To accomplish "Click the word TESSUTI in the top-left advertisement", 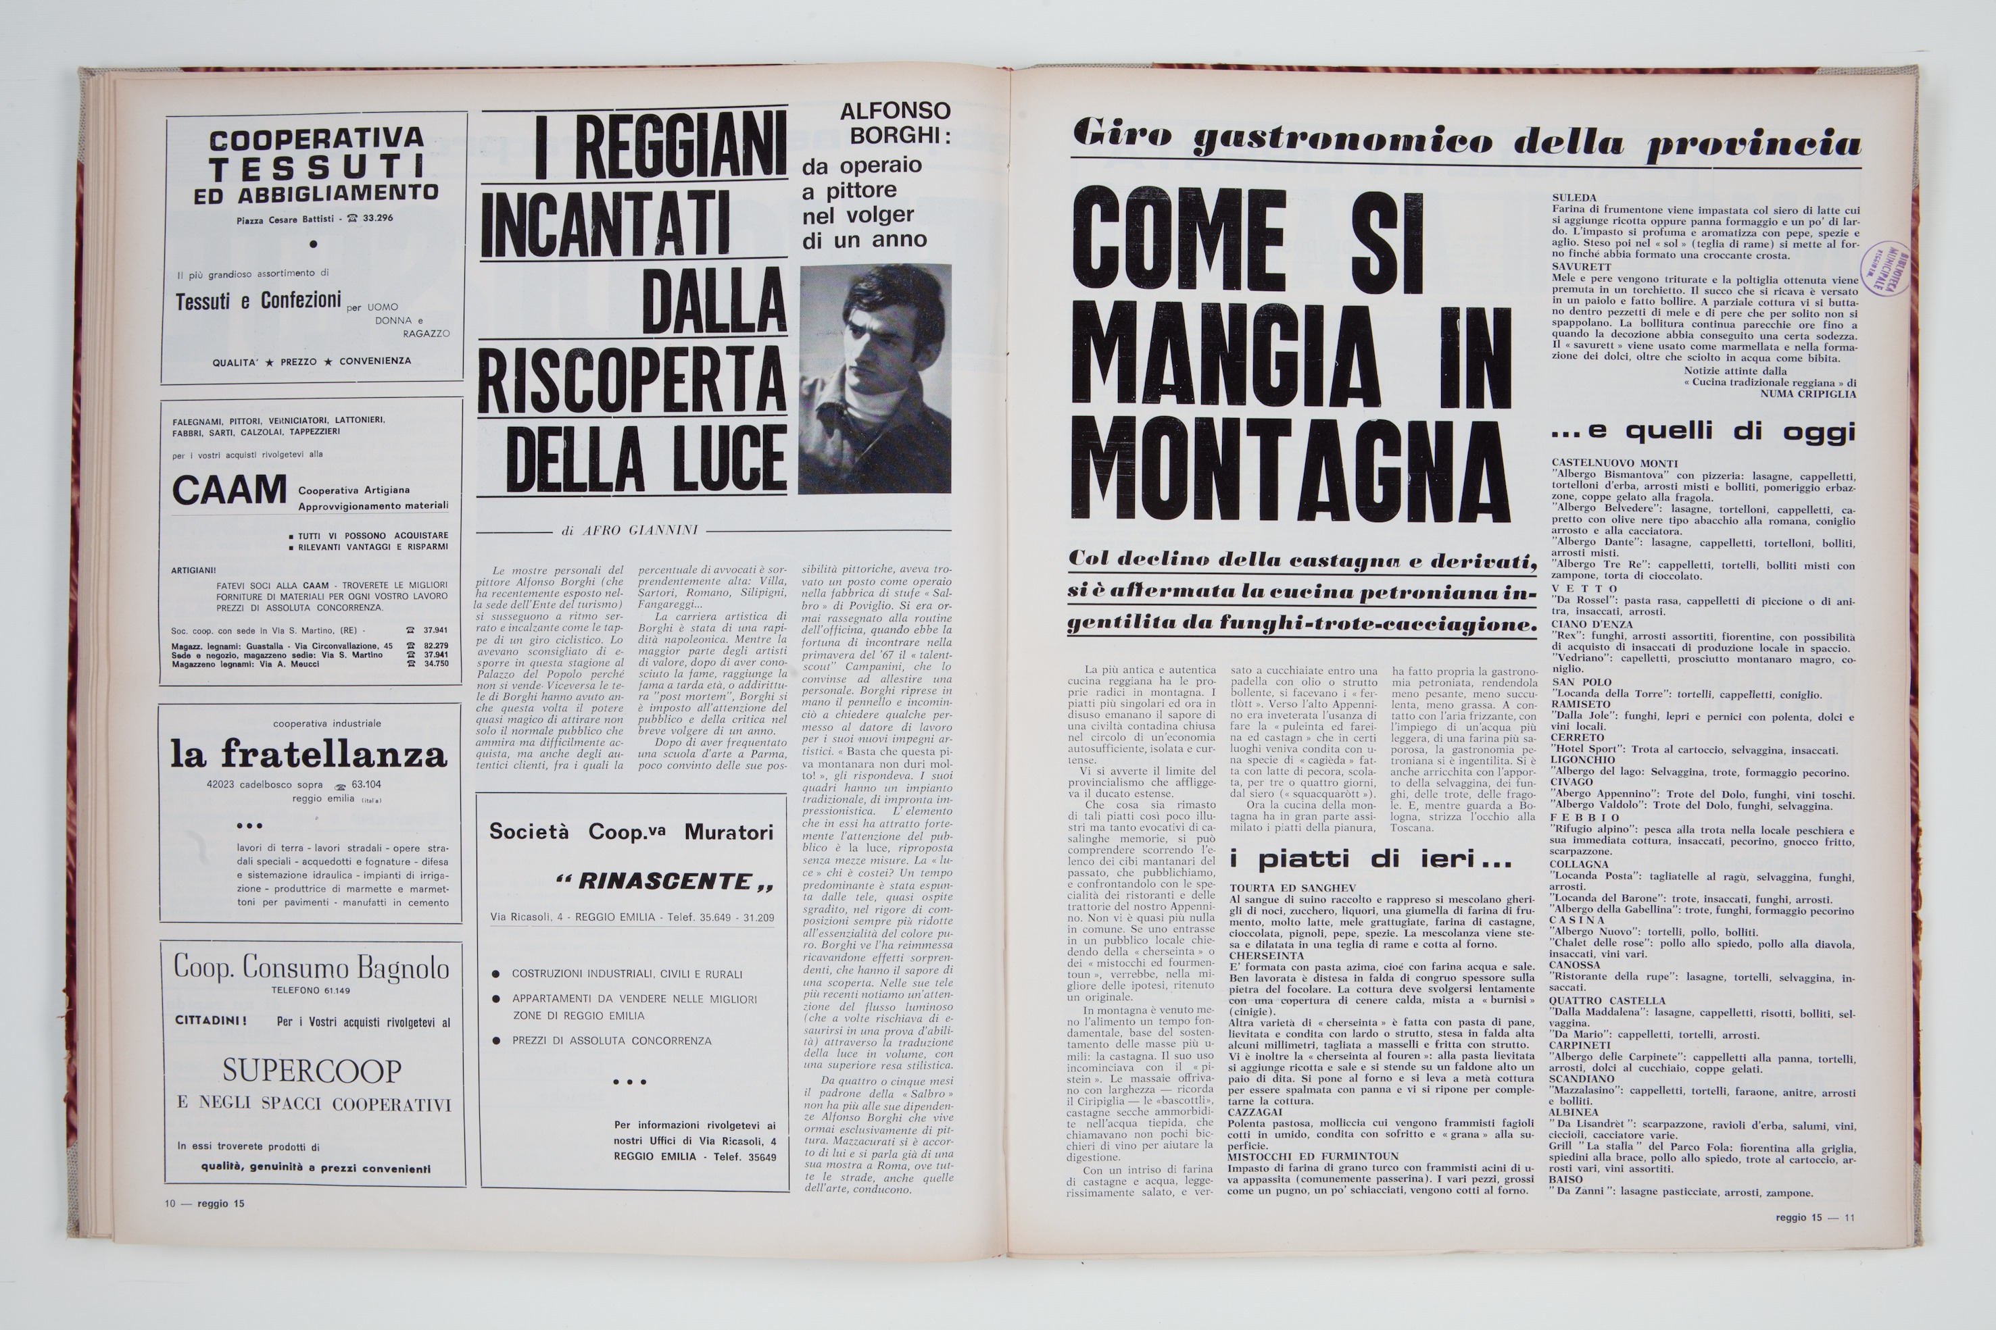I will [316, 166].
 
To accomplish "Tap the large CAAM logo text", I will [229, 491].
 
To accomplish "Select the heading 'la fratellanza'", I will [309, 753].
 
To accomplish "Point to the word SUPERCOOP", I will [312, 1071].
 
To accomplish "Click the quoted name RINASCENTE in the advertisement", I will [664, 881].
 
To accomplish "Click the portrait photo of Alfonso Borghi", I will [874, 378].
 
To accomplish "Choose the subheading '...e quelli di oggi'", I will [1703, 432].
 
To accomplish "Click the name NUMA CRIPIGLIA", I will [1807, 394].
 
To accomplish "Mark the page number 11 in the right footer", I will [1849, 1218].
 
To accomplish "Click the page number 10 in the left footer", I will [170, 1203].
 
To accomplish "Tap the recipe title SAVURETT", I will [1576, 266].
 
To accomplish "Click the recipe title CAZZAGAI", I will [1256, 1112].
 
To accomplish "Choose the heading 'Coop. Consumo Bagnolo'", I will [312, 967].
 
